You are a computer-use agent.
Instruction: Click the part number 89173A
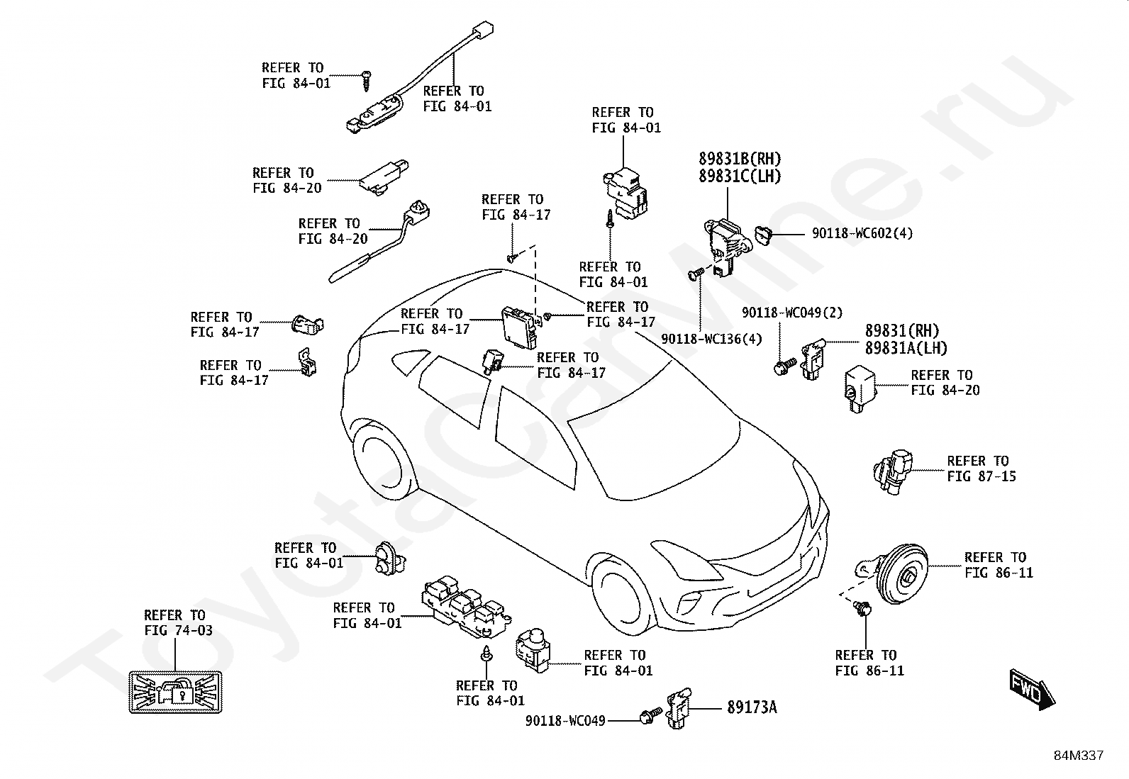point(751,707)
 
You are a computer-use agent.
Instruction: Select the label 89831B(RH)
point(740,159)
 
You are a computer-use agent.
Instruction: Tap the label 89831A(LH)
point(906,347)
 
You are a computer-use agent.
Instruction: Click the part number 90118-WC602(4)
point(862,233)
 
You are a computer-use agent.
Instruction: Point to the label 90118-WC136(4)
point(711,339)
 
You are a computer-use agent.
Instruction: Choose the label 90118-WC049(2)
point(792,313)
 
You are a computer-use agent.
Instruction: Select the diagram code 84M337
point(1078,756)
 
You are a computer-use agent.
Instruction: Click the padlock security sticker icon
point(174,693)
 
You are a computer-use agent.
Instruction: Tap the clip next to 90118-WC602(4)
point(763,232)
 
